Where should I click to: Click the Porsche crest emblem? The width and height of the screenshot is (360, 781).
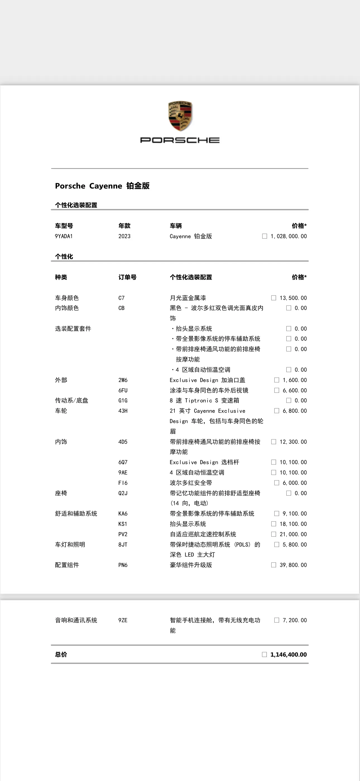click(180, 116)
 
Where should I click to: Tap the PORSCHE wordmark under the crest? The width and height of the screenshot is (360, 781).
click(180, 140)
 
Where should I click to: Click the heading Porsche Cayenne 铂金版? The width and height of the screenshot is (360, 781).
click(102, 186)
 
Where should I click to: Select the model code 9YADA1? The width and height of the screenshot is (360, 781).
click(64, 236)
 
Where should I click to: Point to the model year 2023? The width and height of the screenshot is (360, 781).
click(124, 236)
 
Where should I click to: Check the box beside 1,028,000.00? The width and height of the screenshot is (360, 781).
click(265, 236)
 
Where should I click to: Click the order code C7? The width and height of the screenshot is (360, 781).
click(121, 298)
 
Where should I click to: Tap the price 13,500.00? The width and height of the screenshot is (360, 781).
click(293, 298)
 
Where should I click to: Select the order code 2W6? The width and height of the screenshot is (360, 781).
click(123, 380)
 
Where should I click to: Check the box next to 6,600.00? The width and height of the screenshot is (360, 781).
click(277, 390)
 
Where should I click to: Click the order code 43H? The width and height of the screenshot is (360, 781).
click(123, 411)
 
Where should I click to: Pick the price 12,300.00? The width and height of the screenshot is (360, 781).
click(293, 442)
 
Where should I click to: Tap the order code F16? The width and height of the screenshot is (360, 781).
click(123, 483)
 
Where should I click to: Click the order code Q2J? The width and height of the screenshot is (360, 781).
click(123, 493)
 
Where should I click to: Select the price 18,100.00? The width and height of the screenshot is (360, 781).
click(293, 524)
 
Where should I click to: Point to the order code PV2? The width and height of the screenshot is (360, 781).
click(123, 534)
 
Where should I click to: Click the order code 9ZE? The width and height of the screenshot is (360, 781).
click(123, 620)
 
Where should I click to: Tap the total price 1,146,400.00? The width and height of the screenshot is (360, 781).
click(288, 654)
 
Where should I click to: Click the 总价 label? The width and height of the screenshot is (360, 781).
click(61, 654)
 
